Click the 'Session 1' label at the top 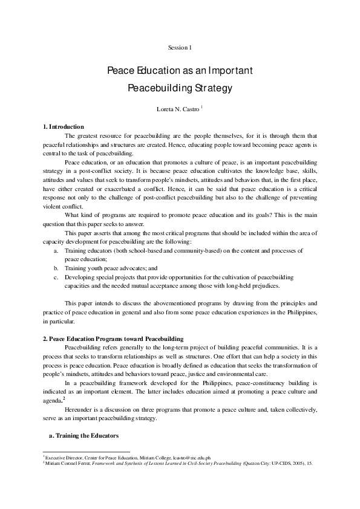coord(180,47)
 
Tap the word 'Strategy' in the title coord(212,88)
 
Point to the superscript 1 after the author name coord(202,107)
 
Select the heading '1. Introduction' coord(63,126)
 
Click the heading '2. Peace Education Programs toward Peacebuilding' coord(113,337)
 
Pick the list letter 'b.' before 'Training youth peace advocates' coord(56,267)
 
